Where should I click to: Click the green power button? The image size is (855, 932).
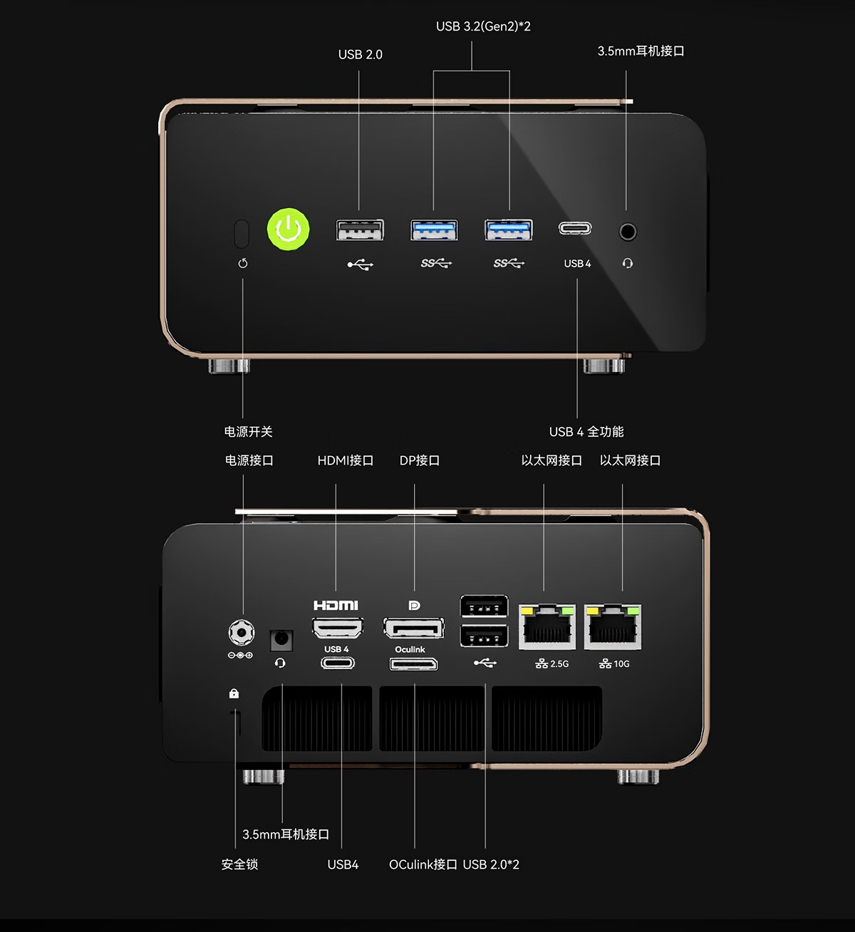288,230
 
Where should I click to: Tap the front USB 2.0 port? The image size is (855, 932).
360,230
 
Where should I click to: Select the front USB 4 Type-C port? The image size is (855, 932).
575,229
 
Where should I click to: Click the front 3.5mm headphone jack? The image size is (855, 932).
627,232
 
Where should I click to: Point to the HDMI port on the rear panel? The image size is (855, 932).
338,628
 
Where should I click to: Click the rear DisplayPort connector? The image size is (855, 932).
413,628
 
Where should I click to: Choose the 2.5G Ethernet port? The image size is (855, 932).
546,627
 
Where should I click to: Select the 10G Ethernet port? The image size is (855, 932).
613,627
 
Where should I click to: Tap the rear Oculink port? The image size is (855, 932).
413,665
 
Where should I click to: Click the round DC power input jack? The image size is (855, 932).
241,633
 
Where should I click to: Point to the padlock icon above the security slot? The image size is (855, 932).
234,693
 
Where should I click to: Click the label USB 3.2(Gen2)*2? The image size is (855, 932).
483,27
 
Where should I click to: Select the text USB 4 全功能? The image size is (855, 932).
586,432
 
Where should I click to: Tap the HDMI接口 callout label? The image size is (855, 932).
346,461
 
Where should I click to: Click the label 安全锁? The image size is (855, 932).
239,864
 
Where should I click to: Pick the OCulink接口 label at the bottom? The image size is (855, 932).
423,864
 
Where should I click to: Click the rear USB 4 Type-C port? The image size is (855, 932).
338,663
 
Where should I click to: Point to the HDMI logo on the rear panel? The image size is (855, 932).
336,606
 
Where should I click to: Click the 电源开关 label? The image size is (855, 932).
248,432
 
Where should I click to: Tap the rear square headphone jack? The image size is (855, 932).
281,638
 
